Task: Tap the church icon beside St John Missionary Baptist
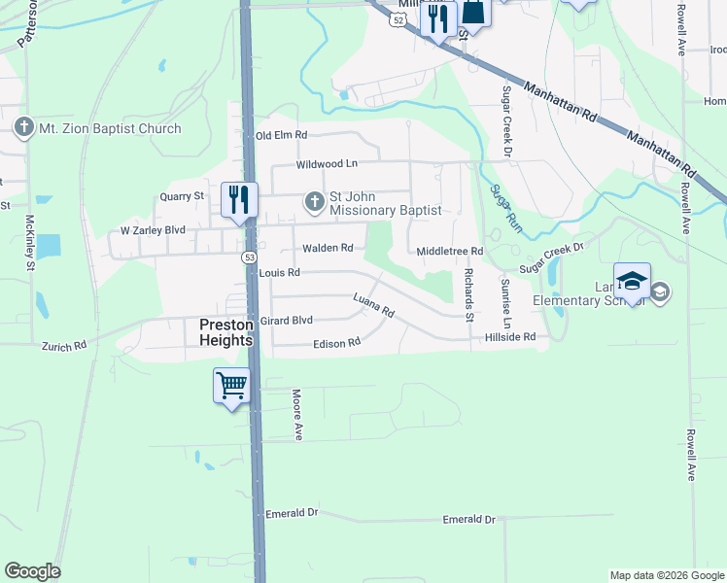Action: (314, 202)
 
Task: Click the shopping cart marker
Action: (232, 386)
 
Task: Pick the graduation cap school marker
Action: (632, 282)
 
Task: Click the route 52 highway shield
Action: (397, 19)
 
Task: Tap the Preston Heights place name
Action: (225, 332)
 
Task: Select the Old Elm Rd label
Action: (281, 136)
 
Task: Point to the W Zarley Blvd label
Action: (152, 230)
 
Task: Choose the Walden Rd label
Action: (327, 248)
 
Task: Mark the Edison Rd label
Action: (336, 343)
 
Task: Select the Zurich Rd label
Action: (64, 345)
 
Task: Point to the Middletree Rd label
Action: (449, 251)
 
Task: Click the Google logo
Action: (32, 571)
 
